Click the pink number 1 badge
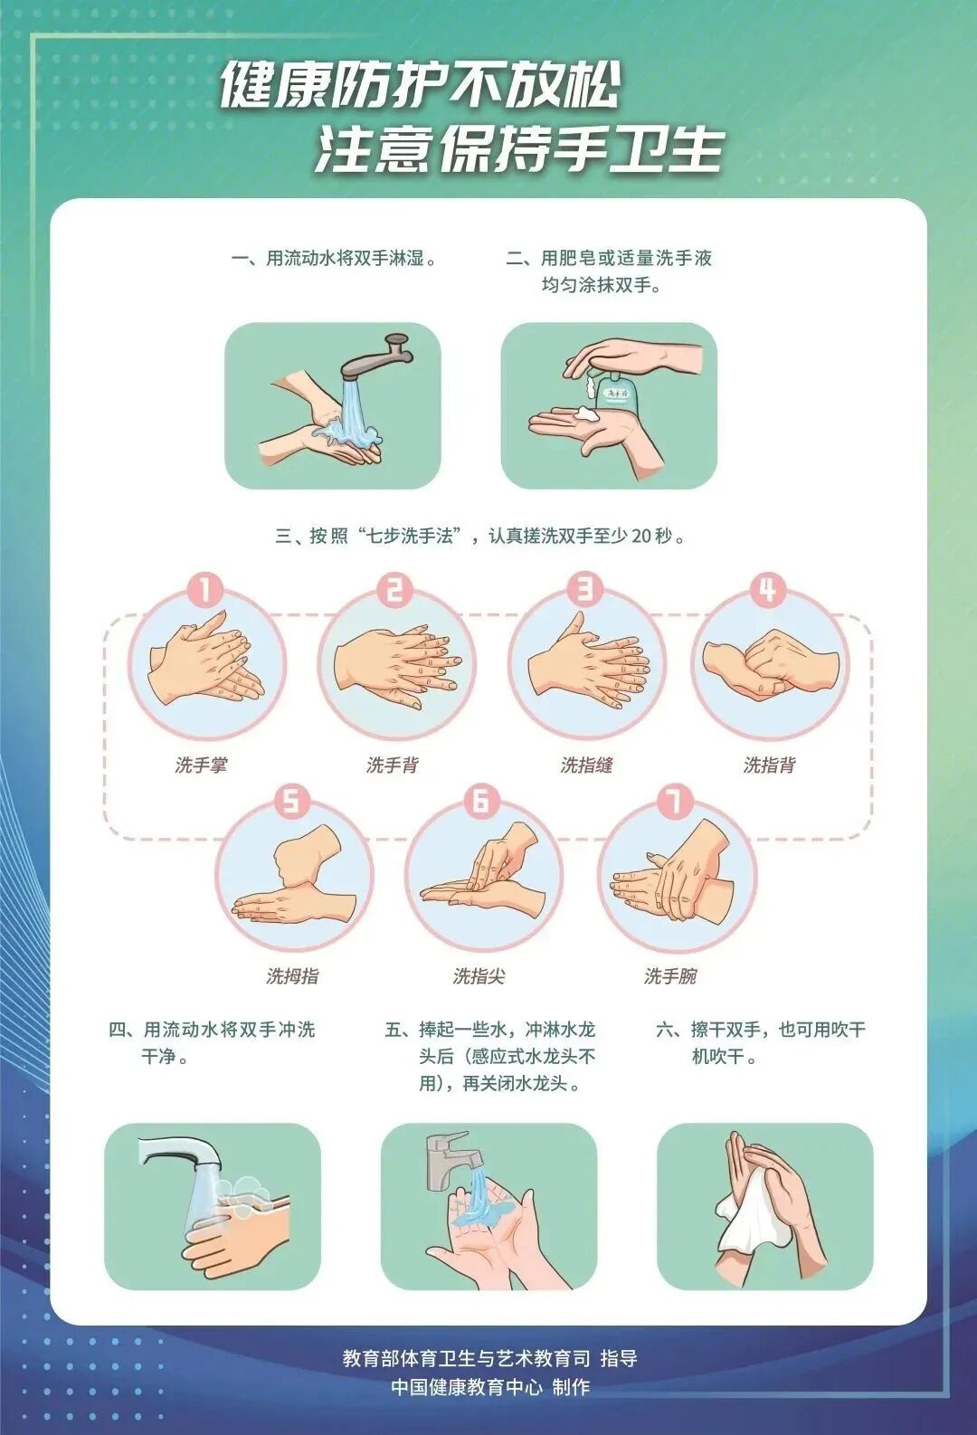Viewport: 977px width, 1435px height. pos(205,591)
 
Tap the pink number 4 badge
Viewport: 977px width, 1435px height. pos(767,591)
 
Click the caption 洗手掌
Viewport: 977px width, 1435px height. pos(201,765)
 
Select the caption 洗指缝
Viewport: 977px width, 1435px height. pos(586,765)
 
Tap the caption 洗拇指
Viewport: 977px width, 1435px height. pos(292,976)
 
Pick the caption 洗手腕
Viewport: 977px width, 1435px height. pos(670,976)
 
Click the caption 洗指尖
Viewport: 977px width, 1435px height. pos(479,976)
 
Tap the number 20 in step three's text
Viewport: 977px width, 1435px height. pos(640,537)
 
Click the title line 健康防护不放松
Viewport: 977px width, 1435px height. pos(419,87)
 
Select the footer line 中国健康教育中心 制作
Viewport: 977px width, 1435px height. pos(489,1387)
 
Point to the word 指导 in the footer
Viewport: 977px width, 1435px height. pos(619,1358)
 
